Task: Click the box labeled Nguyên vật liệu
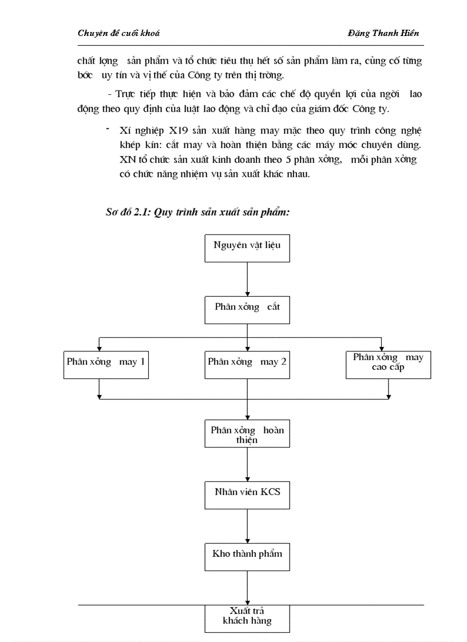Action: pyautogui.click(x=247, y=248)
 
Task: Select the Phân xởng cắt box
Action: pyautogui.click(x=247, y=309)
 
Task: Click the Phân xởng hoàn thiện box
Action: pyautogui.click(x=247, y=434)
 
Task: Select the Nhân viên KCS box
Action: pyautogui.click(x=247, y=495)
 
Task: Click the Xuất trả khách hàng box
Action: pyautogui.click(x=247, y=618)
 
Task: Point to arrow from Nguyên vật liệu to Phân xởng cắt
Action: pyautogui.click(x=247, y=278)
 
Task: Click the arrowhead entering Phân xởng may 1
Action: pyautogui.click(x=100, y=347)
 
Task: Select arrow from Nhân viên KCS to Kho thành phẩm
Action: pyautogui.click(x=247, y=525)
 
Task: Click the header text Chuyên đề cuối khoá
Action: pyautogui.click(x=118, y=33)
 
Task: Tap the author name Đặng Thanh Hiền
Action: pyautogui.click(x=383, y=33)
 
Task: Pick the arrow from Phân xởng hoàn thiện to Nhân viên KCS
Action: pyautogui.click(x=247, y=464)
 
